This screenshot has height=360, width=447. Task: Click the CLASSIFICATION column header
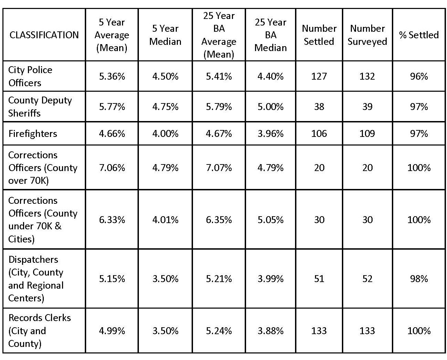point(44,35)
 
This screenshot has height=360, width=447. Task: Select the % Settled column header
point(419,35)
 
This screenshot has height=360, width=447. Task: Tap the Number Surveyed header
point(367,35)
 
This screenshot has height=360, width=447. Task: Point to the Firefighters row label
point(33,133)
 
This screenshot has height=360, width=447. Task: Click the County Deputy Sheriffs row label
point(40,107)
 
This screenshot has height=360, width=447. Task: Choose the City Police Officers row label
point(30,76)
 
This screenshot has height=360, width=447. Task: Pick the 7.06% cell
point(112,168)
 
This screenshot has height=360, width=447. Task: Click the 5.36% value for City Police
point(112,76)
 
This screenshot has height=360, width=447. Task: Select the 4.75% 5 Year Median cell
point(165,107)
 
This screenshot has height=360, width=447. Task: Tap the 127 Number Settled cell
point(319,76)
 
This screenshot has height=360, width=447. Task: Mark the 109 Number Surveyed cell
point(367,133)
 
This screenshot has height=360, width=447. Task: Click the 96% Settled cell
point(419,76)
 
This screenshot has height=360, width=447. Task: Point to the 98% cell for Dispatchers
point(419,279)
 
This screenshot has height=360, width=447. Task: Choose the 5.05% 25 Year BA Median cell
point(271,220)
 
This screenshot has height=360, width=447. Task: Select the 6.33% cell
point(112,220)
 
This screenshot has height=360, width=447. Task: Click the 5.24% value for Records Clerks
point(219,330)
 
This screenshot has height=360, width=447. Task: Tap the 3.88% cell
point(271,330)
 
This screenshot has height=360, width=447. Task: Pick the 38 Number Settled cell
point(319,107)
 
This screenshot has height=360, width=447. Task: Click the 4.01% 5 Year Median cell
point(165,220)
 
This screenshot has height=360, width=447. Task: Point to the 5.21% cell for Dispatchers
point(219,279)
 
